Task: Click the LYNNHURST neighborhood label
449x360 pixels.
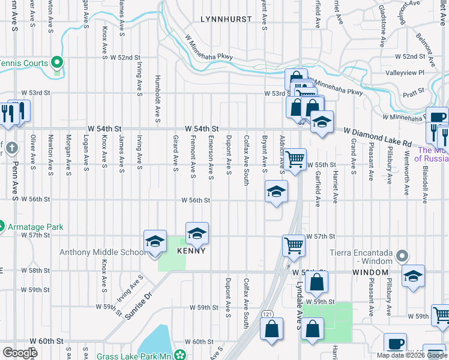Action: [226, 19]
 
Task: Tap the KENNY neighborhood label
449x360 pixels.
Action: [192, 251]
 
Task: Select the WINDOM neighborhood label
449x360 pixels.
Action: [370, 272]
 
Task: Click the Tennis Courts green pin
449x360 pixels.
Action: [58, 62]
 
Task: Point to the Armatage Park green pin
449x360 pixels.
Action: [1, 227]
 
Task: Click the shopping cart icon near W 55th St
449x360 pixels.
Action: [295, 160]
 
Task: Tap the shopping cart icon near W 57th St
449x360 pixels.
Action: [294, 245]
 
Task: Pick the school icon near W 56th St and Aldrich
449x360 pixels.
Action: [276, 192]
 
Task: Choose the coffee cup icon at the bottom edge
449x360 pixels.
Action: [395, 343]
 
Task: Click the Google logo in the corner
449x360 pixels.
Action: [20, 353]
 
